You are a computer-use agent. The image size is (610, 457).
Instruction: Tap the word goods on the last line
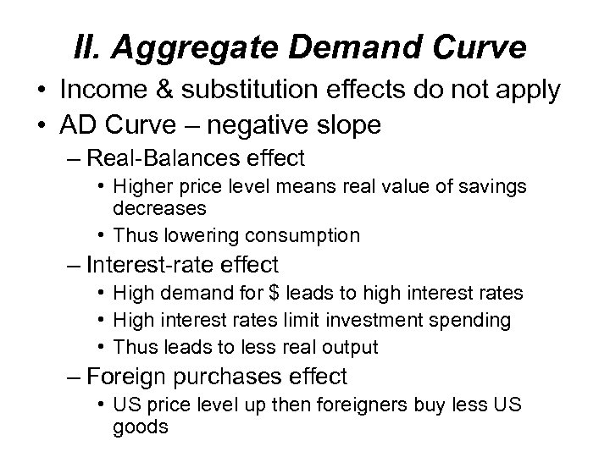140,427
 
